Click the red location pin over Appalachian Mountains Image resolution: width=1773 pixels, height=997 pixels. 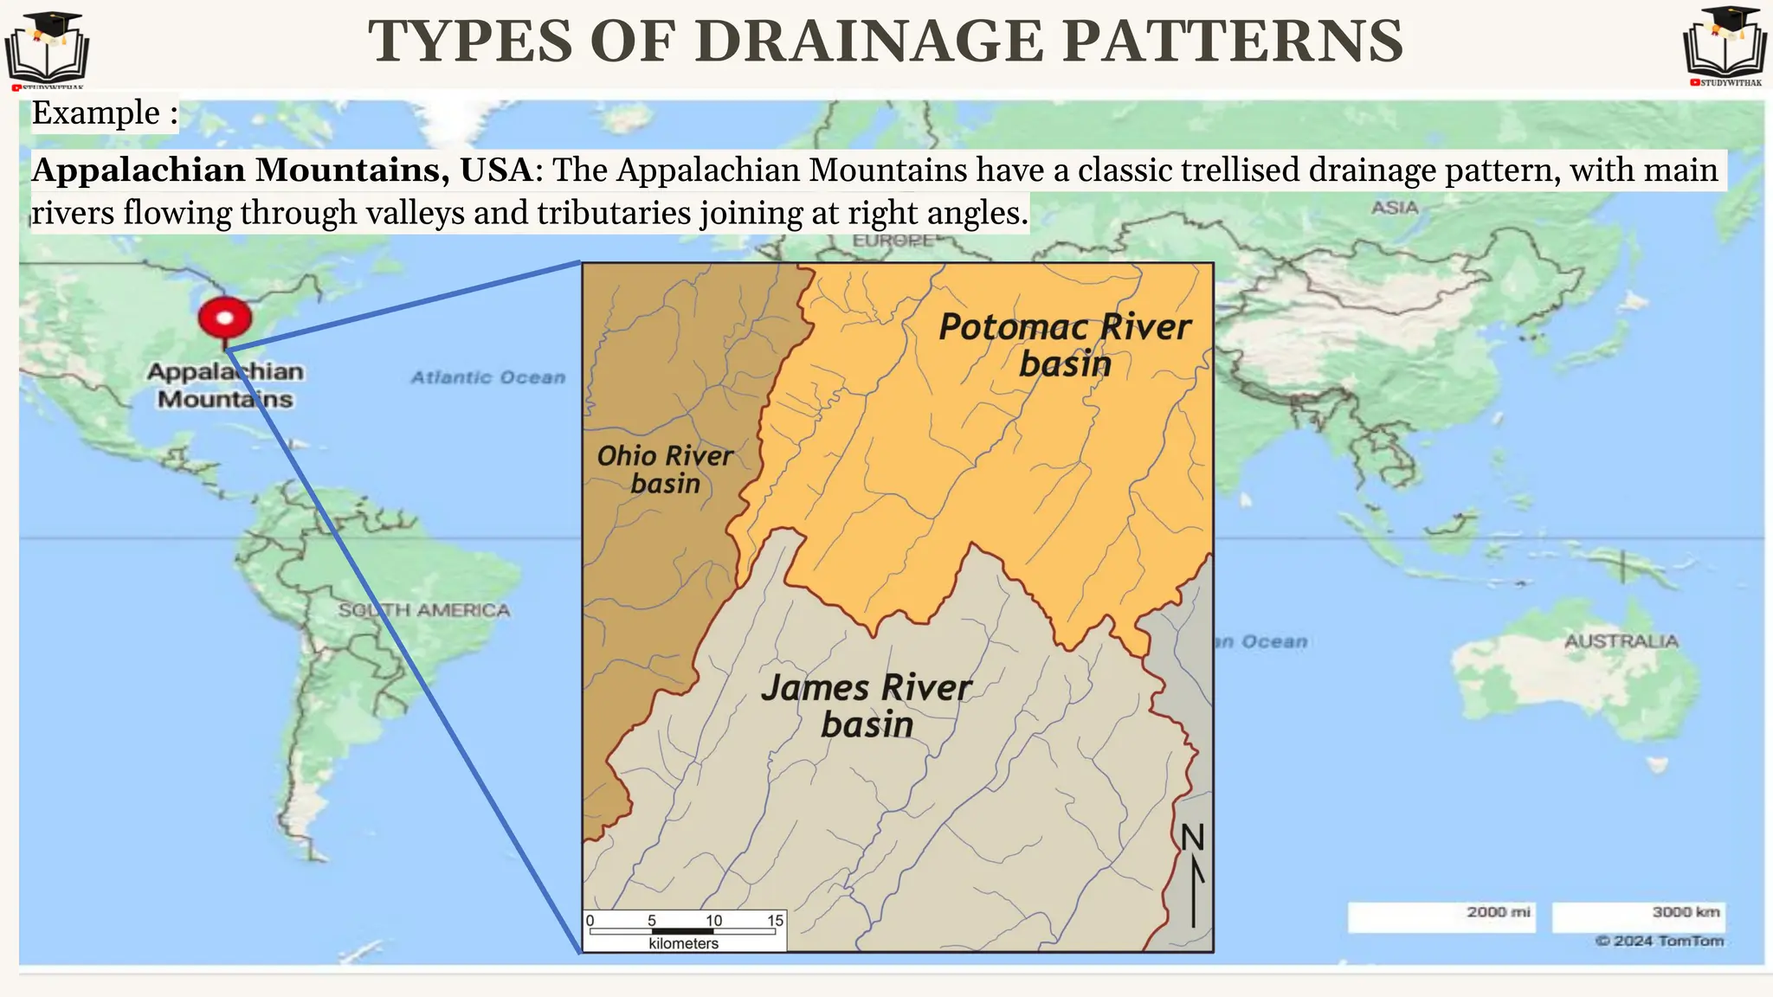tap(225, 318)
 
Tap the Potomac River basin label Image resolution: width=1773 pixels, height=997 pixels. tap(1065, 345)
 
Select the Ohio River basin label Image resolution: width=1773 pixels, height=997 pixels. tap(665, 469)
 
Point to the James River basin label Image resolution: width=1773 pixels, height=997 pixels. tap(867, 705)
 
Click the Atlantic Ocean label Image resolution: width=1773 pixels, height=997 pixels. tap(487, 377)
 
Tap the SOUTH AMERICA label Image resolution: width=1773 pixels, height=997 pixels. tap(423, 610)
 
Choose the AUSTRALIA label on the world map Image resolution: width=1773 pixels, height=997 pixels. tap(1621, 641)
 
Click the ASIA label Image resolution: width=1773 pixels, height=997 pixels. tap(1395, 208)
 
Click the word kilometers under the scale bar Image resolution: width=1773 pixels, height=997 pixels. tap(683, 943)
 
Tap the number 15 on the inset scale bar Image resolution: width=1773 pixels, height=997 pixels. tap(775, 920)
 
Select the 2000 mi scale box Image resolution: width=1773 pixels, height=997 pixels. tap(1441, 917)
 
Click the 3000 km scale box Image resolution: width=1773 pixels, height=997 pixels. tap(1637, 917)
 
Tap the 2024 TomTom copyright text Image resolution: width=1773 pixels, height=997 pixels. tap(1660, 941)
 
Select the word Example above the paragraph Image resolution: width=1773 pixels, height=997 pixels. tap(95, 113)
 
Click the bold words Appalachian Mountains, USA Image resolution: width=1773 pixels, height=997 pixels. tap(281, 170)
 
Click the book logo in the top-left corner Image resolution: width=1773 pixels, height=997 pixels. tap(47, 48)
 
